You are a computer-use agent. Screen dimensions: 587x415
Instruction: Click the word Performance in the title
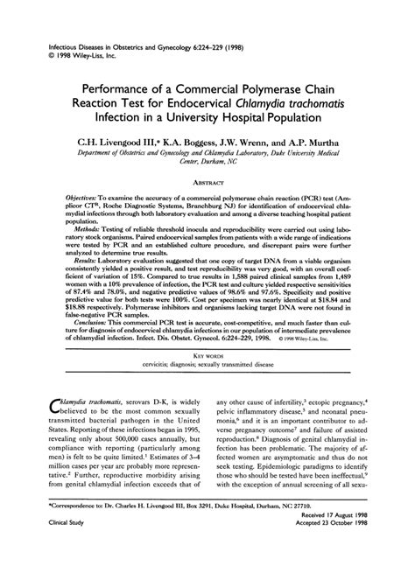pyautogui.click(x=122, y=88)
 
